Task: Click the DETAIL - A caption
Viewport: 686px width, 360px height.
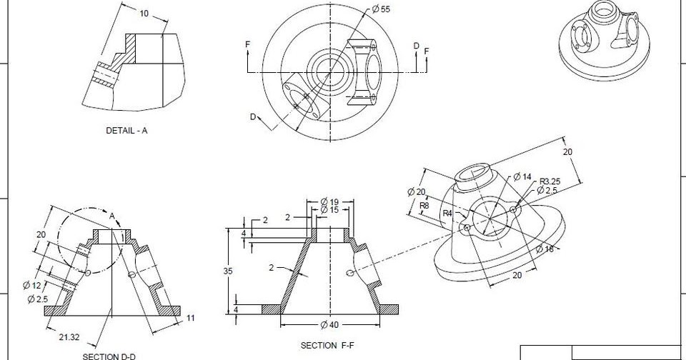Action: (126, 131)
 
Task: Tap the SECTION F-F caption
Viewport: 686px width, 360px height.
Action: (327, 345)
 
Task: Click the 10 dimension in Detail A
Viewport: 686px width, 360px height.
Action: (144, 14)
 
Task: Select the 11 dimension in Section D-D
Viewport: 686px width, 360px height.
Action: (191, 318)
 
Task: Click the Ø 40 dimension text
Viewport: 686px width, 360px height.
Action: (331, 326)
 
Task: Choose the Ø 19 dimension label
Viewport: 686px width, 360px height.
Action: (329, 201)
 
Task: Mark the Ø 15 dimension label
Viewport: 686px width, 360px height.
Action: (329, 210)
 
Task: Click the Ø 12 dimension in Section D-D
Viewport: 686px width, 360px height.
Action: (33, 286)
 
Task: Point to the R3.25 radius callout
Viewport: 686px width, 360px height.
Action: (550, 181)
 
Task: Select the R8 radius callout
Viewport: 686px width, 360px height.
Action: (424, 205)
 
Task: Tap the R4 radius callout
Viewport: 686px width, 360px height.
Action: (447, 213)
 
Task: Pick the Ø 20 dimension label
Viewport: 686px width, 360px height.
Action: (416, 191)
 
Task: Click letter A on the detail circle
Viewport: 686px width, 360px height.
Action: (112, 216)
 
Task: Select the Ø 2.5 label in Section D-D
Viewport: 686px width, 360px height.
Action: (37, 299)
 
